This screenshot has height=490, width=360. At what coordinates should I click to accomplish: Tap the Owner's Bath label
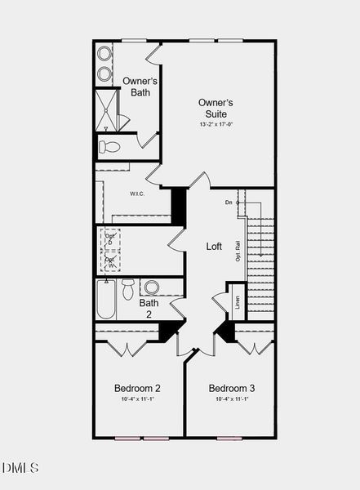[x=140, y=86]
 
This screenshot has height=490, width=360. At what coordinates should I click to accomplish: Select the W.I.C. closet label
[x=137, y=194]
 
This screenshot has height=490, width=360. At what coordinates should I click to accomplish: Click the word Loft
[x=214, y=246]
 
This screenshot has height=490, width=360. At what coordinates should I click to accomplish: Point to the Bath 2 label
[x=149, y=308]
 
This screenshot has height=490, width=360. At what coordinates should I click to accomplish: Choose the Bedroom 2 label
[x=137, y=388]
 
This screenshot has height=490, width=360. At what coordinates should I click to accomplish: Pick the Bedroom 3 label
[x=231, y=388]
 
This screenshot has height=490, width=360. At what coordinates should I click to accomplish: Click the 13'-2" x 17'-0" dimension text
[x=216, y=124]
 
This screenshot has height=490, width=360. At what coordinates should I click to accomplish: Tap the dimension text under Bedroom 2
[x=137, y=399]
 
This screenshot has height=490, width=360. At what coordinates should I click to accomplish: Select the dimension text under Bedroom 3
[x=231, y=399]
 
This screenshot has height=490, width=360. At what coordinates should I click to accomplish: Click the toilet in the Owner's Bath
[x=109, y=147]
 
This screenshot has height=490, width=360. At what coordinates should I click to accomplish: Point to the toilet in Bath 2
[x=128, y=288]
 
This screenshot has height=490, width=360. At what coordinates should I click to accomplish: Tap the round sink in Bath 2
[x=152, y=287]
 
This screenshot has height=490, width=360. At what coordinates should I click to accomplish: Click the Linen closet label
[x=238, y=303]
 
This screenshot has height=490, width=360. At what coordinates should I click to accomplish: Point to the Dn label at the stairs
[x=229, y=202]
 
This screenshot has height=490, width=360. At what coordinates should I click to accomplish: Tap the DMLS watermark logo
[x=20, y=468]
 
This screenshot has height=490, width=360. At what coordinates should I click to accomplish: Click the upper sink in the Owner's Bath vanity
[x=104, y=54]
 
